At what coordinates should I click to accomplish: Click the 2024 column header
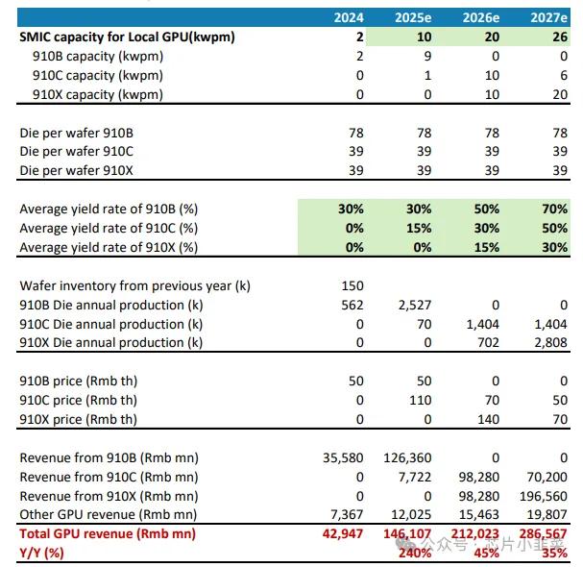348,17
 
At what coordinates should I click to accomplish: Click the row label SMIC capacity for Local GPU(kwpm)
127,37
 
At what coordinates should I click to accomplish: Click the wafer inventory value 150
352,285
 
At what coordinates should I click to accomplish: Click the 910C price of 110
421,400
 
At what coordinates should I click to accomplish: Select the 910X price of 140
487,419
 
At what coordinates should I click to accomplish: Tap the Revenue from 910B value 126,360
407,457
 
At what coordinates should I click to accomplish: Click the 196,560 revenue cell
542,496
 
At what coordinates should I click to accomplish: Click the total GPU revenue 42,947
342,534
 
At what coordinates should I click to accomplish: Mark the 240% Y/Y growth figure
414,553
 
